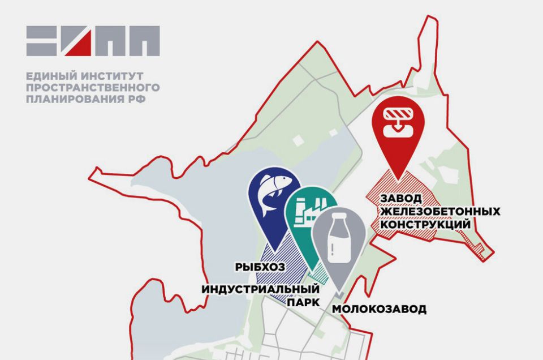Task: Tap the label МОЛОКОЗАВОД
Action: pyautogui.click(x=378, y=309)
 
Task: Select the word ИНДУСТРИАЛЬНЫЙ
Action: pyautogui.click(x=261, y=289)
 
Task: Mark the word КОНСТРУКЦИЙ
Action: pyautogui.click(x=425, y=224)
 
